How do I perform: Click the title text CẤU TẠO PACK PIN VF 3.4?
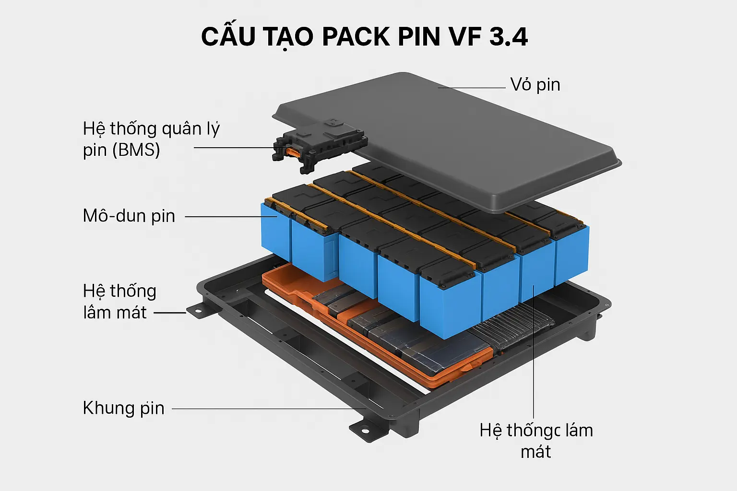(365, 37)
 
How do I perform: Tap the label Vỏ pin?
(535, 85)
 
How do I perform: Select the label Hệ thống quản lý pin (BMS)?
(151, 139)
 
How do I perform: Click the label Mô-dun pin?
(129, 216)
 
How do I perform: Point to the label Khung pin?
(124, 408)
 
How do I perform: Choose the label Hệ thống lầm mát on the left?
(119, 302)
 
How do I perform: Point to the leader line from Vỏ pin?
(473, 88)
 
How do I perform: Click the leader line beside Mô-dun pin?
(230, 217)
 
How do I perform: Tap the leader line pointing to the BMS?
(233, 147)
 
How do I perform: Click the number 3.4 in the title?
(509, 37)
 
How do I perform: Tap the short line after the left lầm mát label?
(169, 313)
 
